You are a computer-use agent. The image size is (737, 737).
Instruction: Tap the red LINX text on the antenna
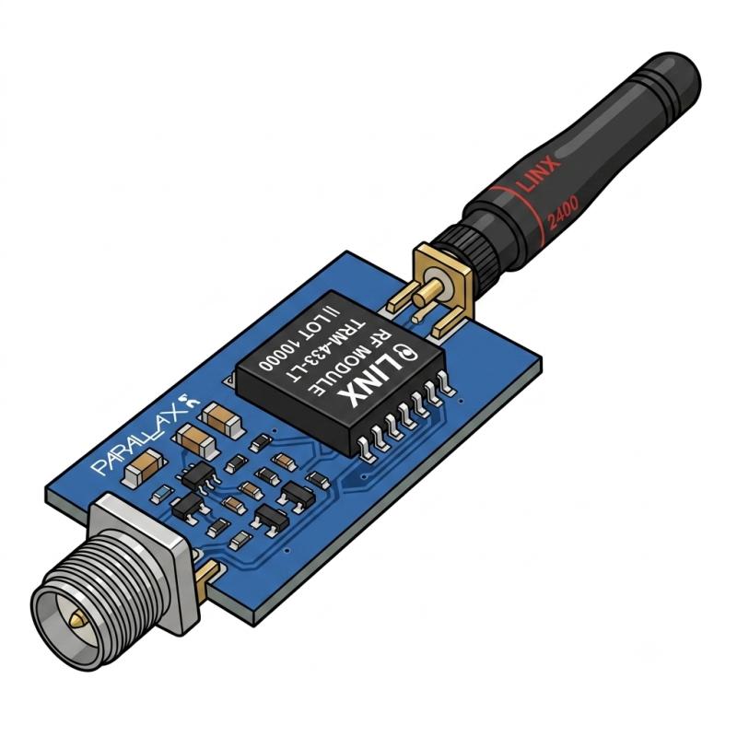tap(538, 175)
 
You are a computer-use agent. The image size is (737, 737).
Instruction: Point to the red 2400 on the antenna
tap(563, 213)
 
